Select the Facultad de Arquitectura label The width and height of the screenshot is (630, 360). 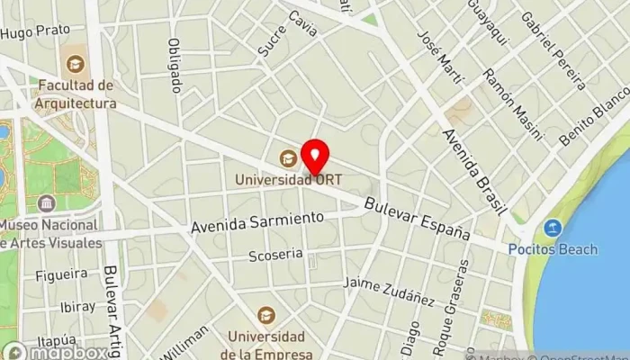tap(77, 94)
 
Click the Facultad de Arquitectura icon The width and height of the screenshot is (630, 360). tap(76, 64)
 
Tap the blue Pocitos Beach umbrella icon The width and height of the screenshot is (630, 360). tap(552, 227)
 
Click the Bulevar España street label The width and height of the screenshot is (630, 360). tap(418, 218)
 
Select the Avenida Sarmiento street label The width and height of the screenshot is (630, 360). tap(256, 222)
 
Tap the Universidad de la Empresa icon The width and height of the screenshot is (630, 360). tap(265, 315)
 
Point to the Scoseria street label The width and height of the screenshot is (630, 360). tap(275, 255)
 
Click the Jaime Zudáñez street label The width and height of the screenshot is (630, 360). tap(391, 290)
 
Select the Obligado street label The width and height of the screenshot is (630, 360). tap(176, 67)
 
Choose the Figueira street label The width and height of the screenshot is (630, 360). tap(63, 273)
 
